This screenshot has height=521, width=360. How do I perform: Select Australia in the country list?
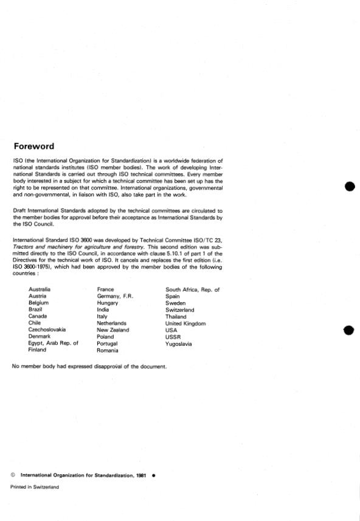(x=40, y=289)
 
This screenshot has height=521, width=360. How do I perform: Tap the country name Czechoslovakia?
(x=47, y=330)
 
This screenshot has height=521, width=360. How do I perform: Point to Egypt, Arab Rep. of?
(x=54, y=343)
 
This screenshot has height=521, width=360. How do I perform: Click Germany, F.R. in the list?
(x=115, y=295)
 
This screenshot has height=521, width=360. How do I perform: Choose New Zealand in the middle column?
(x=113, y=330)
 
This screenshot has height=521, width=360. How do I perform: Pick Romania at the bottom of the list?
(x=108, y=350)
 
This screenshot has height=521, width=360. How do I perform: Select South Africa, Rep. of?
(x=192, y=289)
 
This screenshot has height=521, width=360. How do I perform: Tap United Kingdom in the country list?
(x=186, y=323)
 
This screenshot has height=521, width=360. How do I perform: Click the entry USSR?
(x=174, y=337)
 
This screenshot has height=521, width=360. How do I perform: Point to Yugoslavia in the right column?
(x=179, y=343)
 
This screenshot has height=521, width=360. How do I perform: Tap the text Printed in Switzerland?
(x=35, y=488)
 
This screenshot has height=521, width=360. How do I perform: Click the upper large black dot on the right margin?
(x=349, y=186)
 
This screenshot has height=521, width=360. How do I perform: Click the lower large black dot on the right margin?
(x=349, y=330)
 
